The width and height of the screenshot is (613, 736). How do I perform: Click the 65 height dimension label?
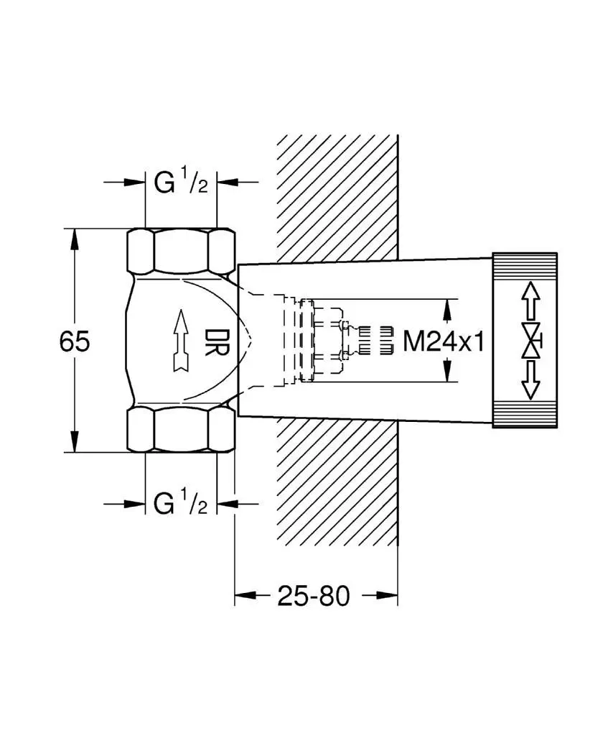[x=75, y=341]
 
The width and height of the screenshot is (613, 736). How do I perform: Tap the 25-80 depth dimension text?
[x=314, y=596]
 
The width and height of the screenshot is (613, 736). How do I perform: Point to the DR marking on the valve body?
[x=217, y=341]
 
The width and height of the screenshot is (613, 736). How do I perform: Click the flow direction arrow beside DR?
[x=181, y=341]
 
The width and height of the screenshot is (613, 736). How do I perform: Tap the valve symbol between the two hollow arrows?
[x=531, y=340]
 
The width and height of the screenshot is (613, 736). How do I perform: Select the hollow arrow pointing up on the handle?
[x=530, y=301]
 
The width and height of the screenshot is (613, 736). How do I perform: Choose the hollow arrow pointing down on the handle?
[x=530, y=379]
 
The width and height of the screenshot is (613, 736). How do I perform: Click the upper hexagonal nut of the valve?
[x=181, y=251]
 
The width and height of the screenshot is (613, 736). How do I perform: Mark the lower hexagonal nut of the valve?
[x=181, y=430]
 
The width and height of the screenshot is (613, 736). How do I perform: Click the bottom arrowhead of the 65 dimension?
[x=74, y=442]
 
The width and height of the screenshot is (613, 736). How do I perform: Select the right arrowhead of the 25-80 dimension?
[x=387, y=595]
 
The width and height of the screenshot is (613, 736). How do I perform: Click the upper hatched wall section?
[x=337, y=198]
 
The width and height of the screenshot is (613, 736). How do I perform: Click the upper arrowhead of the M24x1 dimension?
[x=448, y=310]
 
